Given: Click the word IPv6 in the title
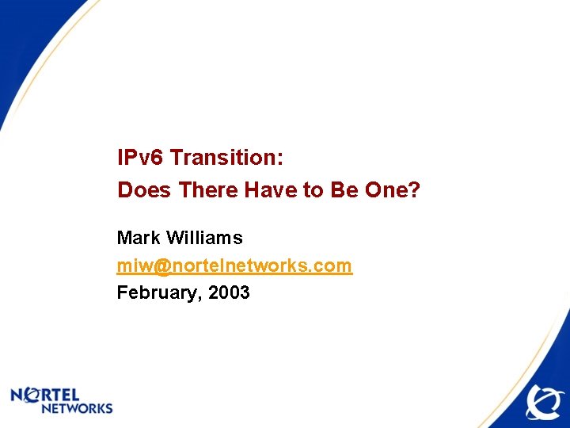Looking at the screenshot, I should [x=141, y=158].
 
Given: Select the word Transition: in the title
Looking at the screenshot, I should [x=226, y=158].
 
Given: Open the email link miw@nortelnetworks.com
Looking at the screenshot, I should [x=234, y=266].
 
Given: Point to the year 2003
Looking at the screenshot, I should [x=230, y=293].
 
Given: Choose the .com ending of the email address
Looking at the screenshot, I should [x=333, y=266].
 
